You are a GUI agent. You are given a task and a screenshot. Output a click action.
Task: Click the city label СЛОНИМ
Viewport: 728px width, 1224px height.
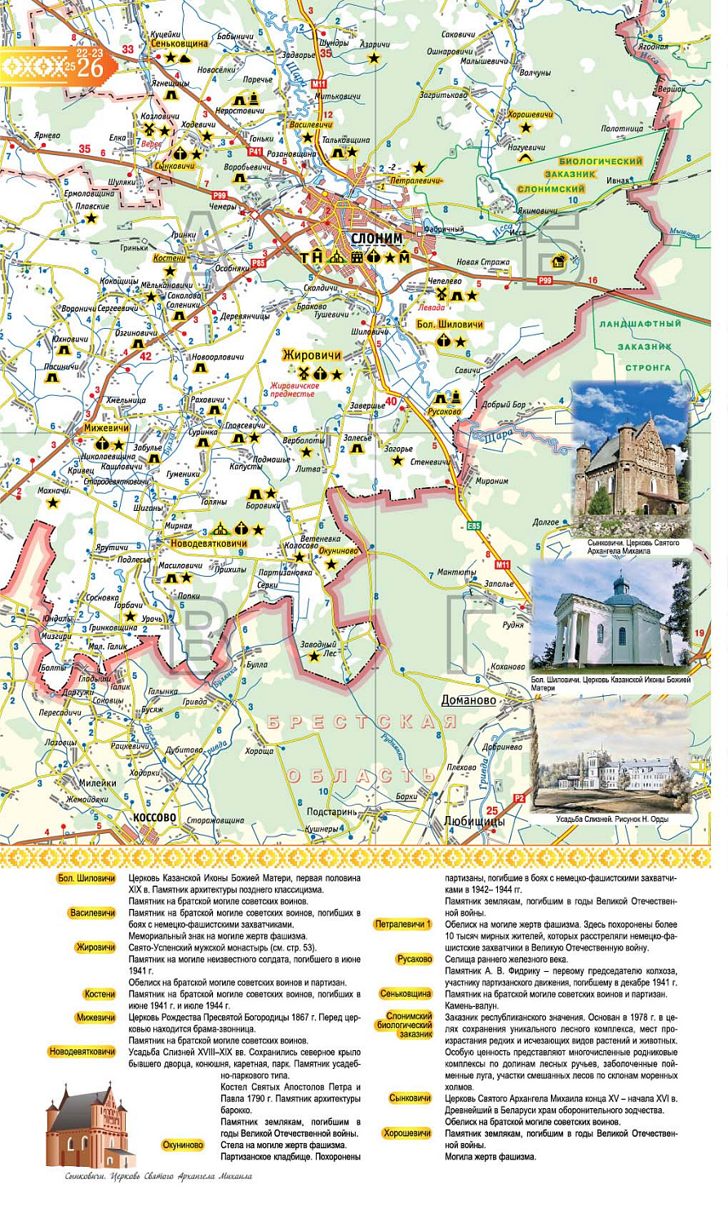pos(376,238)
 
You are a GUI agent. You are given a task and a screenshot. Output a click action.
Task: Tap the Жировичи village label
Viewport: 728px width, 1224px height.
pos(311,355)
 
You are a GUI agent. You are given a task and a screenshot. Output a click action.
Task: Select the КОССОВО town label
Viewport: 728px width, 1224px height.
pos(154,818)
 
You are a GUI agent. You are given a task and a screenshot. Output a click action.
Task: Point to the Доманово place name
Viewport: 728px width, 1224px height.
pos(468,700)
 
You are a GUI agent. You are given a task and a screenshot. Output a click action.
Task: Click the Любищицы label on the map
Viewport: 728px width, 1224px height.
pos(474,821)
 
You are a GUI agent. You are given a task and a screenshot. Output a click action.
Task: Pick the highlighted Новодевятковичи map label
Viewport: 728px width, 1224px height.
pos(208,543)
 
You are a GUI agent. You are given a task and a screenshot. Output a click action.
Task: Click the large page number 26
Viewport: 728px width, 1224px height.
pos(90,69)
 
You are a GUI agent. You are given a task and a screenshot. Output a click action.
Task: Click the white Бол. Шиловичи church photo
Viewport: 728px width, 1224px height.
pos(610,617)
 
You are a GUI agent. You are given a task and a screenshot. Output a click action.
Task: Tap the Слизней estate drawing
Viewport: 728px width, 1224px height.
pos(611,755)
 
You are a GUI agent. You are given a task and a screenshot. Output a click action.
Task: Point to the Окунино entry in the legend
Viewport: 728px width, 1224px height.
pos(183,1145)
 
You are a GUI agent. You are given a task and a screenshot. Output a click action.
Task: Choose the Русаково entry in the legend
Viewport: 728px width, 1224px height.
pos(414,959)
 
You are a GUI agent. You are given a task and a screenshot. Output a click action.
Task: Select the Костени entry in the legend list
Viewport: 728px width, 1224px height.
pos(99,994)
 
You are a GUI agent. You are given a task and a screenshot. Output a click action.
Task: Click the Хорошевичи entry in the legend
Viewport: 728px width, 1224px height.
pos(406,1133)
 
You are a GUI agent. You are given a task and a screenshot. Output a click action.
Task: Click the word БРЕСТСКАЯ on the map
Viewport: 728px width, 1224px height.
pos(362,722)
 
